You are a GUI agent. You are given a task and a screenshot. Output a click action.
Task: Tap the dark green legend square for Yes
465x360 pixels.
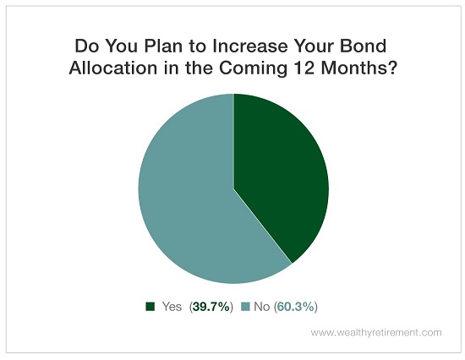[x=150, y=306]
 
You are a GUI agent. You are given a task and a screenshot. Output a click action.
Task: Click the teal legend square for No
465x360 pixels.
[x=245, y=306]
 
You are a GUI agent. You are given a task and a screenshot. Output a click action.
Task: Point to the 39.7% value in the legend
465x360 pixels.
[x=211, y=307]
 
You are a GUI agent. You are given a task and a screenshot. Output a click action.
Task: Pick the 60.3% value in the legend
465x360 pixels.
[x=295, y=307]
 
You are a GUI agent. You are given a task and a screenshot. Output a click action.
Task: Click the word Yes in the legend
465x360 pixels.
[x=172, y=307]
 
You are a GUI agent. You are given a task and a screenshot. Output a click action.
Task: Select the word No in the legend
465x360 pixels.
[x=261, y=307]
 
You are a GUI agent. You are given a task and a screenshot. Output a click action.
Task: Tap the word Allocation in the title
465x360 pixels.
[x=113, y=68]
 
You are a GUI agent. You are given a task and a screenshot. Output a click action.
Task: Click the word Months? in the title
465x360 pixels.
[x=359, y=68]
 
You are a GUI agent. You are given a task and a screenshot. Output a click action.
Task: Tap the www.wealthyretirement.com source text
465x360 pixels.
[x=376, y=332]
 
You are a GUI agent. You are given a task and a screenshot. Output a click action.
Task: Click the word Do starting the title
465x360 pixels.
[x=86, y=46]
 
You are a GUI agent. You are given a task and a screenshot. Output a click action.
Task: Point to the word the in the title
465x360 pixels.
[x=199, y=68]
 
